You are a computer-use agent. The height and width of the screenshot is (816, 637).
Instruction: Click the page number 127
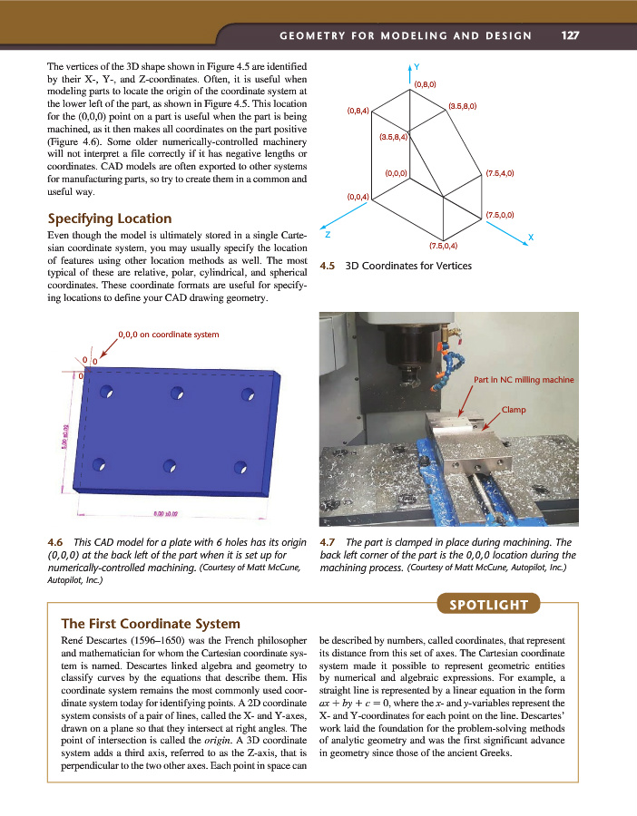[570, 36]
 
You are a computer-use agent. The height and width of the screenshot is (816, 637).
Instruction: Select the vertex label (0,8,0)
[426, 84]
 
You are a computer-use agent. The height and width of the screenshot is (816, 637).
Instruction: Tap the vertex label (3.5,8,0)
[463, 106]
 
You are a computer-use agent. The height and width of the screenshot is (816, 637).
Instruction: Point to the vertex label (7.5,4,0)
[500, 172]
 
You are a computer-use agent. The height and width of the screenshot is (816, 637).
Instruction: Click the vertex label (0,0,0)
[397, 172]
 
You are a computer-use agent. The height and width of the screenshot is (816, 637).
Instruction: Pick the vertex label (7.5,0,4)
[443, 245]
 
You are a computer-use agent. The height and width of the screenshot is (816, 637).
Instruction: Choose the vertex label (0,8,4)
[358, 112]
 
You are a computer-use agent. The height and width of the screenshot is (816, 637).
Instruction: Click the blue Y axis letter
[416, 66]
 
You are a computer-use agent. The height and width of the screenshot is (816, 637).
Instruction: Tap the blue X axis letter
[530, 237]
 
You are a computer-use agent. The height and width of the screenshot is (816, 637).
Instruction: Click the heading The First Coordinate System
[150, 624]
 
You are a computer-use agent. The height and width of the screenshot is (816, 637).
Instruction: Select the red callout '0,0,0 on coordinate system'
[169, 335]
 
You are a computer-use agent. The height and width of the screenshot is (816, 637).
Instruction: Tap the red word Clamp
[514, 409]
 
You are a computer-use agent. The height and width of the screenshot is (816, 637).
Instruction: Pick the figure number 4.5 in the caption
[328, 267]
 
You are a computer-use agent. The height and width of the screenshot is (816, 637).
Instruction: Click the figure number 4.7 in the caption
[328, 544]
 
